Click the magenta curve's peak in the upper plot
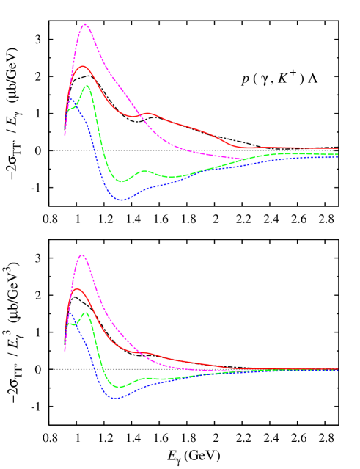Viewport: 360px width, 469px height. tap(85, 24)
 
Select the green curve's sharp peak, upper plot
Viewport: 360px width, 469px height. tap(88, 86)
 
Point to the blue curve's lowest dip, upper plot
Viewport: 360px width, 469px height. tap(122, 200)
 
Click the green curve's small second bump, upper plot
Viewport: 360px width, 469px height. tap(144, 171)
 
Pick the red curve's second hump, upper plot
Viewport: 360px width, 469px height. tap(148, 113)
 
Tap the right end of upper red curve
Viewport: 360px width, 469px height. tap(337, 148)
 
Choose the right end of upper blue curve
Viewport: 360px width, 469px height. tap(337, 156)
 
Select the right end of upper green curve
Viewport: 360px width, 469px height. tap(337, 153)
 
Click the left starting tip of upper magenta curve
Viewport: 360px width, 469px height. tap(65, 134)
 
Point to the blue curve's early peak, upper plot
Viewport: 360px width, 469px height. tap(73, 107)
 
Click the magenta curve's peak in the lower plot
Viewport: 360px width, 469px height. tap(81, 255)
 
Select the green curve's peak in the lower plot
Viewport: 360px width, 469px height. tap(87, 313)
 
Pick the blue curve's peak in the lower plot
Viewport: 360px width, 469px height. tap(71, 313)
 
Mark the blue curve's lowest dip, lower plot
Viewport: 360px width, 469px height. tap(115, 398)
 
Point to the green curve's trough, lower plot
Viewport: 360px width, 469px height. tap(120, 387)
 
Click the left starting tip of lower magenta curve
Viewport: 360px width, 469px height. tap(65, 350)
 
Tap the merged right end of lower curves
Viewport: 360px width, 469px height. tap(337, 369)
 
